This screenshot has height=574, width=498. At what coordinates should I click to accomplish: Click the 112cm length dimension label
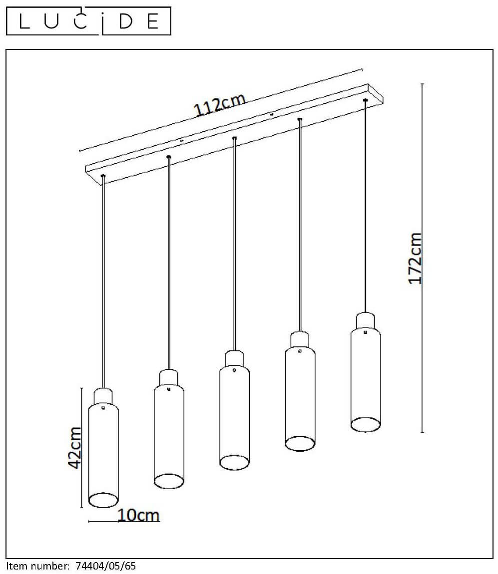219,105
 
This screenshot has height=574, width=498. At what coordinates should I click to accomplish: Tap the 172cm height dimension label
415,258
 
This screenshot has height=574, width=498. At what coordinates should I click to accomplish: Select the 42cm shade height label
75,447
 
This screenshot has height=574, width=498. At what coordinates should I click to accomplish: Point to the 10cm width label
138,515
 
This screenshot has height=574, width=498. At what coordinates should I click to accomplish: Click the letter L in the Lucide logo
24,21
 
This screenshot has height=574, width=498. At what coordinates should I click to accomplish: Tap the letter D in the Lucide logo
126,21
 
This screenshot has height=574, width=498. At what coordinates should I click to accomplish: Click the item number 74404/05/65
105,566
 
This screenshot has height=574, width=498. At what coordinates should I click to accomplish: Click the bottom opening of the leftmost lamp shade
104,500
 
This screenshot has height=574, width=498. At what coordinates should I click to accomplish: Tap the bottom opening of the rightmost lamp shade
366,425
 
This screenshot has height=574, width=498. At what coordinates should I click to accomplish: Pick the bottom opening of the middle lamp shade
235,462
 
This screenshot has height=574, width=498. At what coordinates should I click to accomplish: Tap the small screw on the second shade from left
168,389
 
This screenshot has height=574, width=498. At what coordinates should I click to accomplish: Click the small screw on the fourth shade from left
300,351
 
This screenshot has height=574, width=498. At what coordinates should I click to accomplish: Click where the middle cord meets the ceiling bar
234,138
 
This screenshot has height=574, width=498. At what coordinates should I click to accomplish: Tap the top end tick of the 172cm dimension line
422,84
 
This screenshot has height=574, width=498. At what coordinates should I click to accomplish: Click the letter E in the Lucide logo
153,21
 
